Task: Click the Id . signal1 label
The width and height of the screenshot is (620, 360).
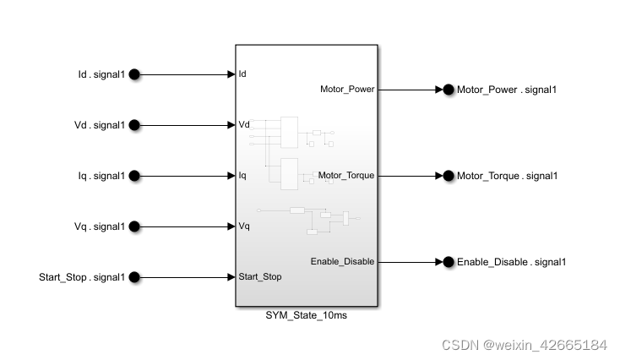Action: coord(101,74)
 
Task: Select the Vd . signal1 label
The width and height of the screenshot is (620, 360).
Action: coord(100,125)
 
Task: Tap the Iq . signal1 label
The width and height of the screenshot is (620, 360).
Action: coord(101,176)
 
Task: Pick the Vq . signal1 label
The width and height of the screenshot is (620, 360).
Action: coord(100,226)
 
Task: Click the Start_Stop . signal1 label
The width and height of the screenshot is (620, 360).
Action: coord(82,277)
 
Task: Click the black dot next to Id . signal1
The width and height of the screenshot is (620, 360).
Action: coord(134,74)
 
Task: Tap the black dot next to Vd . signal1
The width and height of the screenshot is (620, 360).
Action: coord(134,125)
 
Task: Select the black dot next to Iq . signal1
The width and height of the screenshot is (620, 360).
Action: coord(134,176)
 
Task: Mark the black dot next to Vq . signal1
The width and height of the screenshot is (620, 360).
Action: coord(134,226)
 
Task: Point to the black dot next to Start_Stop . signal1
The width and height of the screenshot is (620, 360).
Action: coord(134,277)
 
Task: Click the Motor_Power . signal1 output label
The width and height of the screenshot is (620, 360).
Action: coord(506,90)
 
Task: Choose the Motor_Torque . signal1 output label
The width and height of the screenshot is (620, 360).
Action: coord(507,176)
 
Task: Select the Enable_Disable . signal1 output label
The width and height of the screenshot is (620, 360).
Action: coord(511,262)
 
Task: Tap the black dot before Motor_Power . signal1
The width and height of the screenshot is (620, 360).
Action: coord(449,90)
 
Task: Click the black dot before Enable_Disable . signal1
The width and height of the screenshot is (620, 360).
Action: coord(449,262)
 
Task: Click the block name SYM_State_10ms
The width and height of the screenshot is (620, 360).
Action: coord(306,315)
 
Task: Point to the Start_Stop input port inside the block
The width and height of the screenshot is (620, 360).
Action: coord(260,276)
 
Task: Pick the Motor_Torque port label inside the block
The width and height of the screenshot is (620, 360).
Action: coord(346,176)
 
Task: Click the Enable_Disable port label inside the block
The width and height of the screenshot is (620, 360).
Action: coord(342,261)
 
